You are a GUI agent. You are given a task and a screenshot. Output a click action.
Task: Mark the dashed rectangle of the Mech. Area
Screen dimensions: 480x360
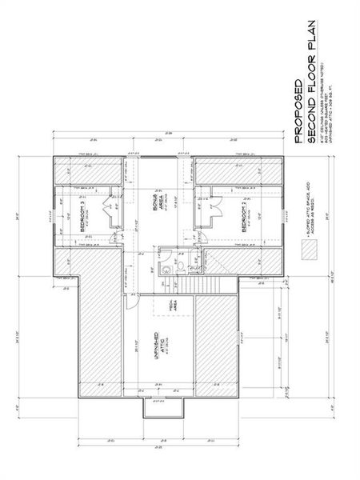[x=170, y=307]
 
